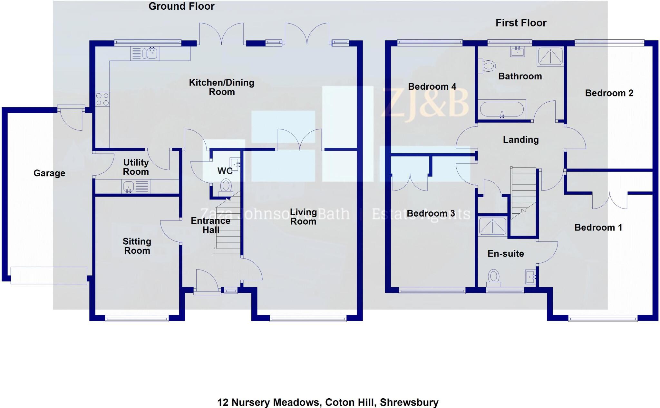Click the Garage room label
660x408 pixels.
pyautogui.click(x=49, y=173)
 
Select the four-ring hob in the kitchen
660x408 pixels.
pyautogui.click(x=102, y=99)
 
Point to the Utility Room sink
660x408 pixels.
pyautogui.click(x=129, y=187)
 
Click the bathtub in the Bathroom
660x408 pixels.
pyautogui.click(x=502, y=109)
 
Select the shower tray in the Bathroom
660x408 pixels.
pyautogui.click(x=550, y=56)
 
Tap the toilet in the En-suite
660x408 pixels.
pyautogui.click(x=493, y=278)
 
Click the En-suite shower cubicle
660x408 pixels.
pyautogui.click(x=492, y=226)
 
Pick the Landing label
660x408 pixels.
pyautogui.click(x=521, y=140)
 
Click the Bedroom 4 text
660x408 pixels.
pyautogui.click(x=432, y=87)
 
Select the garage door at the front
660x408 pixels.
pyautogui.click(x=49, y=275)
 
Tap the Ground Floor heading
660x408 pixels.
pyautogui.click(x=181, y=6)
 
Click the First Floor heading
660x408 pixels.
pyautogui.click(x=521, y=23)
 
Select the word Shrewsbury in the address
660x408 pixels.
pyautogui.click(x=409, y=403)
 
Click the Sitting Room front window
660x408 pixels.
pyautogui.click(x=137, y=319)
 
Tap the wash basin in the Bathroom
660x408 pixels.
pyautogui.click(x=517, y=51)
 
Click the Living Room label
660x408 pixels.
pyautogui.click(x=303, y=217)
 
